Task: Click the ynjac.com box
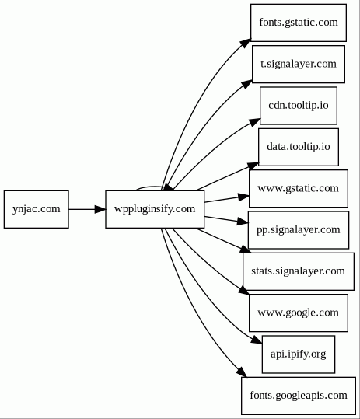coord(36,209)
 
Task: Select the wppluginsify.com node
coord(155,209)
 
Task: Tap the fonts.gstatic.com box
coord(299,23)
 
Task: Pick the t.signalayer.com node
coord(299,64)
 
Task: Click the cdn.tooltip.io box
coord(299,106)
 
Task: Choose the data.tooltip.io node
coord(299,147)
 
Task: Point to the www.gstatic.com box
coord(299,188)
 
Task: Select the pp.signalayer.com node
coord(299,230)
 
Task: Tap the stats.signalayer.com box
coord(299,271)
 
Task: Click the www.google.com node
coord(299,313)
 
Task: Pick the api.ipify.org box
coord(299,354)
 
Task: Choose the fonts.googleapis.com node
coord(299,396)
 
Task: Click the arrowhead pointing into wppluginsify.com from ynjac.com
coord(100,209)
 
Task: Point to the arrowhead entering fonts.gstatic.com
coord(246,44)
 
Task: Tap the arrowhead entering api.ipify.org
coord(257,340)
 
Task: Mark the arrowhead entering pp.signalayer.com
coord(243,222)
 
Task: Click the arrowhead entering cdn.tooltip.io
coord(255,122)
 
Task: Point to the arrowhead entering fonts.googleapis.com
coord(242,372)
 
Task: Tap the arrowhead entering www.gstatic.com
coord(243,197)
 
